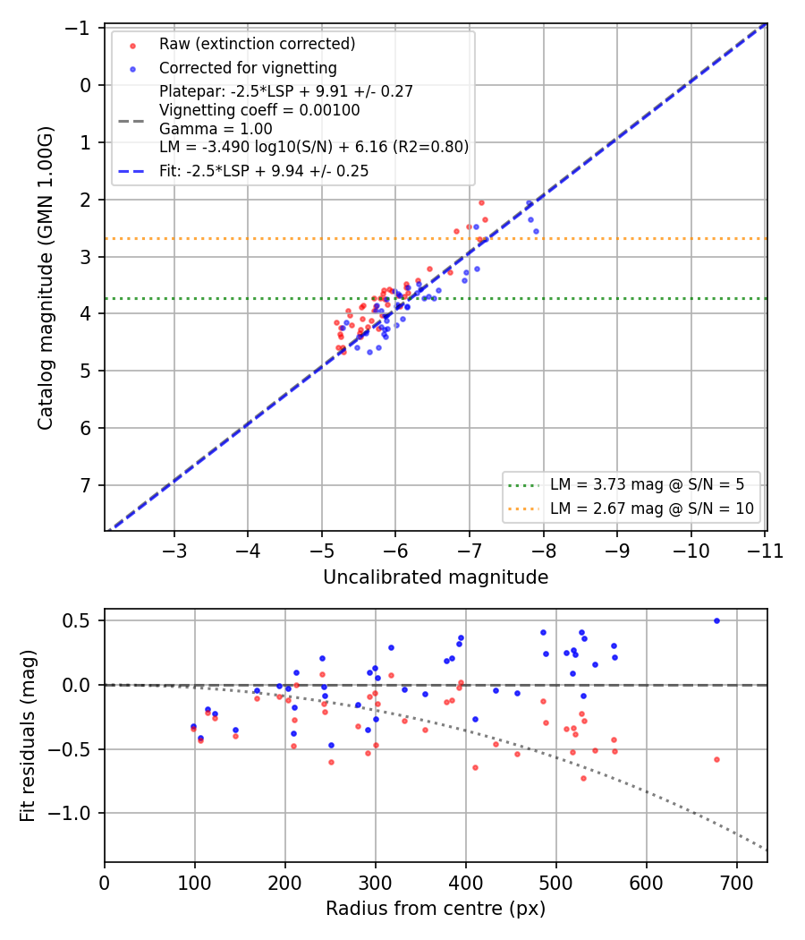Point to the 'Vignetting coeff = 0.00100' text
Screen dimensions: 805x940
[x=259, y=110]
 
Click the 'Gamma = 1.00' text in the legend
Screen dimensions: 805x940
[x=216, y=129]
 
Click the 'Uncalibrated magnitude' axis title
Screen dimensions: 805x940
[x=436, y=577]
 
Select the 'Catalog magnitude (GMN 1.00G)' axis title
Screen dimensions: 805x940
[x=46, y=278]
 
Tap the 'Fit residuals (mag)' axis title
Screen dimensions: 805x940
[x=28, y=736]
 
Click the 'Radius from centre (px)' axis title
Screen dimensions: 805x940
[x=436, y=909]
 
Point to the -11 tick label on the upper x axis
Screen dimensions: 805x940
[x=765, y=551]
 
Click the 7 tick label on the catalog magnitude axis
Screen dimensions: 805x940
[x=86, y=485]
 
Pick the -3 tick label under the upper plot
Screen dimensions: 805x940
[x=174, y=551]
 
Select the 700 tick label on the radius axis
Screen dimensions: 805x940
[x=736, y=883]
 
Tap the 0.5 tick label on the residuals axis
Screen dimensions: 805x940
[x=76, y=620]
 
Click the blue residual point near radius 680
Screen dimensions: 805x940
[x=716, y=621]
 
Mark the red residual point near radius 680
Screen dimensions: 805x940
[x=716, y=759]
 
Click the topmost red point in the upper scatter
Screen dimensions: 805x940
[x=481, y=202]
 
